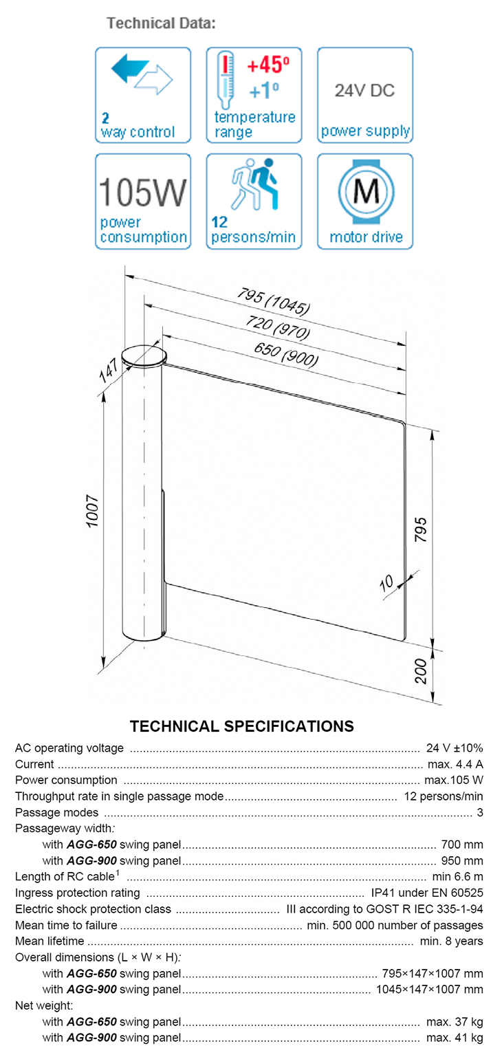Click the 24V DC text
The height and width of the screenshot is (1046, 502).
click(x=364, y=91)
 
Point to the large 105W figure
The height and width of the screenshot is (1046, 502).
click(x=142, y=193)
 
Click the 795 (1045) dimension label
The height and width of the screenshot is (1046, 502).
click(x=273, y=300)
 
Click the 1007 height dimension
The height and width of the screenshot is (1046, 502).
click(x=93, y=512)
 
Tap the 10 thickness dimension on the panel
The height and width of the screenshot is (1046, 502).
click(x=386, y=582)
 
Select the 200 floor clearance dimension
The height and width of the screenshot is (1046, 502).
click(x=421, y=671)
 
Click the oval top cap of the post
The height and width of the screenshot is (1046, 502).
click(x=144, y=356)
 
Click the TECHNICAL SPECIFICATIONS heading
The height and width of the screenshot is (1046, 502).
click(x=242, y=726)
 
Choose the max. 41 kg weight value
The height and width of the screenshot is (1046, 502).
click(x=455, y=1037)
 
